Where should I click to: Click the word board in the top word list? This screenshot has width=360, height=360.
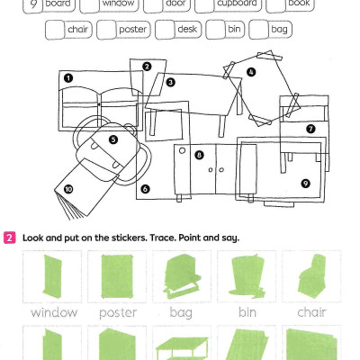59,4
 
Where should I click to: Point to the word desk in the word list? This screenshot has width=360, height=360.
187,30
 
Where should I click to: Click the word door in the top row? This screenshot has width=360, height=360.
175,4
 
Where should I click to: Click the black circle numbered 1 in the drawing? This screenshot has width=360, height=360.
67,78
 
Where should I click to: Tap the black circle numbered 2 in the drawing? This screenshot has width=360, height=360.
146,66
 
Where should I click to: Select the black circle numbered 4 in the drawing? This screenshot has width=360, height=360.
251,72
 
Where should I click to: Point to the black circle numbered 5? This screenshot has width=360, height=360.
112,139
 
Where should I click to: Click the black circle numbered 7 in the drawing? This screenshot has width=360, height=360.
310,129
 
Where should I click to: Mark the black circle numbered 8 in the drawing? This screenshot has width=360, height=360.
199,155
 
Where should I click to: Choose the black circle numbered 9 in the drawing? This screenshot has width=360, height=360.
305,183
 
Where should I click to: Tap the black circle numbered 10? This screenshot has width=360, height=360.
68,189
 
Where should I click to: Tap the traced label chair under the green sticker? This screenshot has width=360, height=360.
310,313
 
